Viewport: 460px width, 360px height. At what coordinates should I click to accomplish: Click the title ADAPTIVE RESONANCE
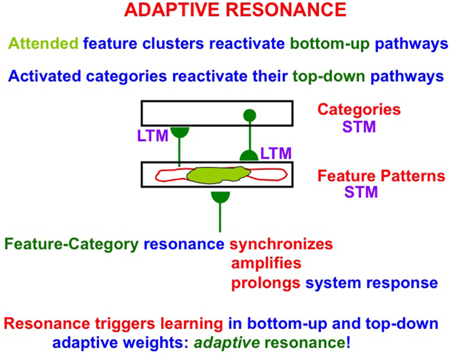tap(235, 10)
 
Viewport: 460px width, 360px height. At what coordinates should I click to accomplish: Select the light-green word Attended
tap(43, 43)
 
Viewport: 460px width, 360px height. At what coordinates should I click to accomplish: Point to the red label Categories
tap(359, 110)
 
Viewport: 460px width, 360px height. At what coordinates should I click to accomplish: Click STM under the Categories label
tap(359, 127)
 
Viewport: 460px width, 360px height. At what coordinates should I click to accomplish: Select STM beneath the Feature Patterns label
tap(361, 192)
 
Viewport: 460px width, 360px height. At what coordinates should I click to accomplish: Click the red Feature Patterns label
tap(381, 176)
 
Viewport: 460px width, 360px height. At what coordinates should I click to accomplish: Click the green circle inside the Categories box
tap(249, 115)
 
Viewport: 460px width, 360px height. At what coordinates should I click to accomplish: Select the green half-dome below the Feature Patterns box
tap(220, 196)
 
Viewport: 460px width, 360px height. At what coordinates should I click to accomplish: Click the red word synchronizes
tap(281, 244)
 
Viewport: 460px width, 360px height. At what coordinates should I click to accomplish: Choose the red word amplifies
tap(266, 263)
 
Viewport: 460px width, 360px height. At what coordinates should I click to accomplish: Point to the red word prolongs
tap(266, 283)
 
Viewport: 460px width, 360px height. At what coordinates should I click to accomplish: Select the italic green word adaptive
tap(227, 343)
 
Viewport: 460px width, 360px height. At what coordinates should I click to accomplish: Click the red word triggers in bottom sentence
tap(125, 324)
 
